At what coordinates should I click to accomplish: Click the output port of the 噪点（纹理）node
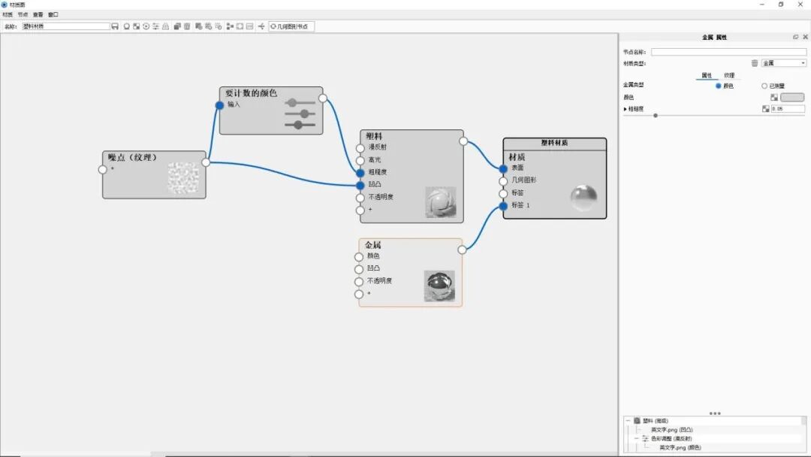tap(206, 162)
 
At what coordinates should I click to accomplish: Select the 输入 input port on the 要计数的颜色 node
tap(219, 105)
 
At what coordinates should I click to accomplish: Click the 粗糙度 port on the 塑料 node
tap(360, 173)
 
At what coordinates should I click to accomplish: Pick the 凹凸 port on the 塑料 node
tap(360, 185)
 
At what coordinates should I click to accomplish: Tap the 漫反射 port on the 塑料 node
tap(360, 148)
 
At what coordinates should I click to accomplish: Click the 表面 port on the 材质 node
tap(503, 169)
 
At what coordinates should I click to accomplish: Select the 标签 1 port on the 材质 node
tap(503, 206)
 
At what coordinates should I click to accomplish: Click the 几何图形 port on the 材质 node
tap(503, 181)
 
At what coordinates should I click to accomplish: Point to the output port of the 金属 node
tap(463, 250)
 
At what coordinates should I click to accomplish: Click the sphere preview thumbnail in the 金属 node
tap(439, 286)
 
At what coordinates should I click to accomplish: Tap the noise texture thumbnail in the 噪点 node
tap(182, 177)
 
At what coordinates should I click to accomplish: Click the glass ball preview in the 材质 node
tap(583, 197)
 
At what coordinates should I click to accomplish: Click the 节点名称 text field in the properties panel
tap(728, 52)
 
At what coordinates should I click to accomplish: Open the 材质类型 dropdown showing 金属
tap(784, 63)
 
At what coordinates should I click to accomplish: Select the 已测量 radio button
tap(764, 86)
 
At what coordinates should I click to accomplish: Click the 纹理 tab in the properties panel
tap(729, 75)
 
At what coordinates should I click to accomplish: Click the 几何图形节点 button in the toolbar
tap(292, 26)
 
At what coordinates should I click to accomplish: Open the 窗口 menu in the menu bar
tap(53, 14)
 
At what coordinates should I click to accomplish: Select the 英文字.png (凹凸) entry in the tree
tap(672, 429)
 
